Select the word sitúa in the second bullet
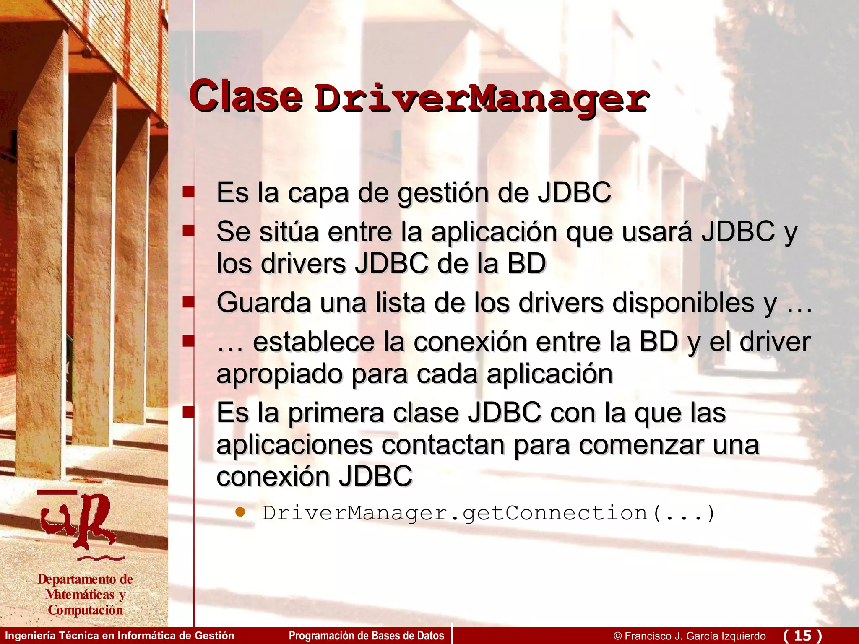(x=289, y=231)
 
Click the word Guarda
(x=263, y=303)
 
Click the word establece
(x=314, y=342)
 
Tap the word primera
(x=336, y=413)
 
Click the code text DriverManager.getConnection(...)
(x=489, y=514)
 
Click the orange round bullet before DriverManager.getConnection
(x=240, y=512)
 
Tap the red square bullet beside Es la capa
(x=188, y=192)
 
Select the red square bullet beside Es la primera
(x=188, y=412)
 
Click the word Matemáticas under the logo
(x=80, y=595)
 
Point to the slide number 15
(x=802, y=635)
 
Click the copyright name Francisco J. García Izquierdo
(x=695, y=636)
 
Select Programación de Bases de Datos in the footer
(x=366, y=636)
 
